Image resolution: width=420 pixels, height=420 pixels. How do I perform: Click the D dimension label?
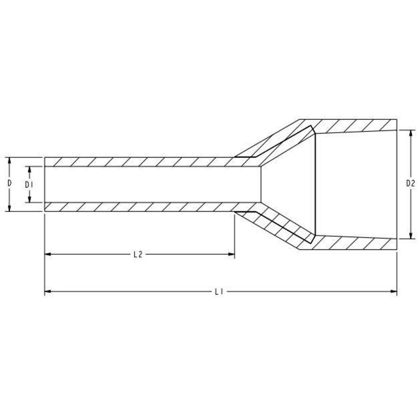pos(9,183)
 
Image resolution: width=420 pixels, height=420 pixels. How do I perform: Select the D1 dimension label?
pos(28,185)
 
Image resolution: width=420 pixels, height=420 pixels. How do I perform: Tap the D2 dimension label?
pos(411,183)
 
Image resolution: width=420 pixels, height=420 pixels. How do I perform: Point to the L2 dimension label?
pos(138,254)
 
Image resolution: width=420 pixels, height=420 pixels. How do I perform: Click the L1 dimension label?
pos(219,292)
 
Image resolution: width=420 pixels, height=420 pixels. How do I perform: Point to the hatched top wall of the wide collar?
pos(353,126)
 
